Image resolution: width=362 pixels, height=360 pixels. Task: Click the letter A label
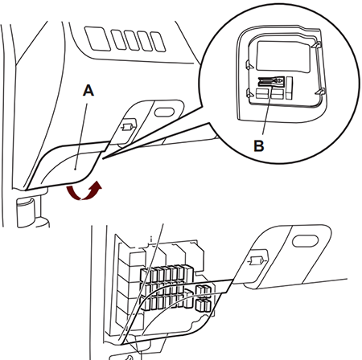click(x=88, y=91)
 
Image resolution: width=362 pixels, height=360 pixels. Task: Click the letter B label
click(x=259, y=146)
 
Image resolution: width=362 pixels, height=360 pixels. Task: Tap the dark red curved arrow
click(x=84, y=190)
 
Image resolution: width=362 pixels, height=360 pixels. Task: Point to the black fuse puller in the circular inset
click(x=271, y=81)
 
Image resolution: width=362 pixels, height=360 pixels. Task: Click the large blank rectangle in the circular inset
click(x=283, y=56)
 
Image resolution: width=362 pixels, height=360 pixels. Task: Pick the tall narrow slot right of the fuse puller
click(x=289, y=88)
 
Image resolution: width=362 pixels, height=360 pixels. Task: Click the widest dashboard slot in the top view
click(x=97, y=39)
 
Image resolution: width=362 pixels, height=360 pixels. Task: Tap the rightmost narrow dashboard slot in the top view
click(x=158, y=42)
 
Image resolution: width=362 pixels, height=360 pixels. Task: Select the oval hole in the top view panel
click(x=164, y=112)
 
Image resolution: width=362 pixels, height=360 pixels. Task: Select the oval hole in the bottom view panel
click(x=305, y=240)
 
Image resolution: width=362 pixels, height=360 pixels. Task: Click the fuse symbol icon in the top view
click(x=128, y=127)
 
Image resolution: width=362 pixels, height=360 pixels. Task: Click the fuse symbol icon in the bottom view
click(x=257, y=260)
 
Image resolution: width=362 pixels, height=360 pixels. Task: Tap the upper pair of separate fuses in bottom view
click(x=204, y=291)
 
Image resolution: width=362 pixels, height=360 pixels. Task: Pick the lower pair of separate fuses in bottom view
click(x=204, y=305)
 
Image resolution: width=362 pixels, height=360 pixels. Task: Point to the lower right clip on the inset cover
click(x=320, y=92)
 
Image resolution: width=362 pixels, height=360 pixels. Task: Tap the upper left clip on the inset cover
click(x=249, y=65)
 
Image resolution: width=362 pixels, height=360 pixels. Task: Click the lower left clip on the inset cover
click(x=250, y=93)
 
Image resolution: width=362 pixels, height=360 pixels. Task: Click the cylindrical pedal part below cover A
click(x=26, y=212)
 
